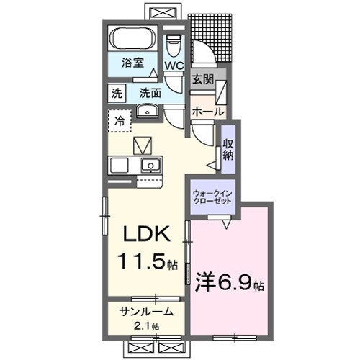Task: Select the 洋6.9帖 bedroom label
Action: (227, 283)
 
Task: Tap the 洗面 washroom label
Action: (150, 92)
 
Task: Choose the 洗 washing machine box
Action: (116, 92)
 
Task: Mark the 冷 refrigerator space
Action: (120, 120)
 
